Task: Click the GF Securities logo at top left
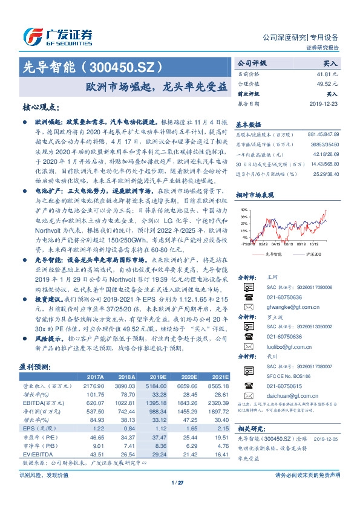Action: coord(57,36)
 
